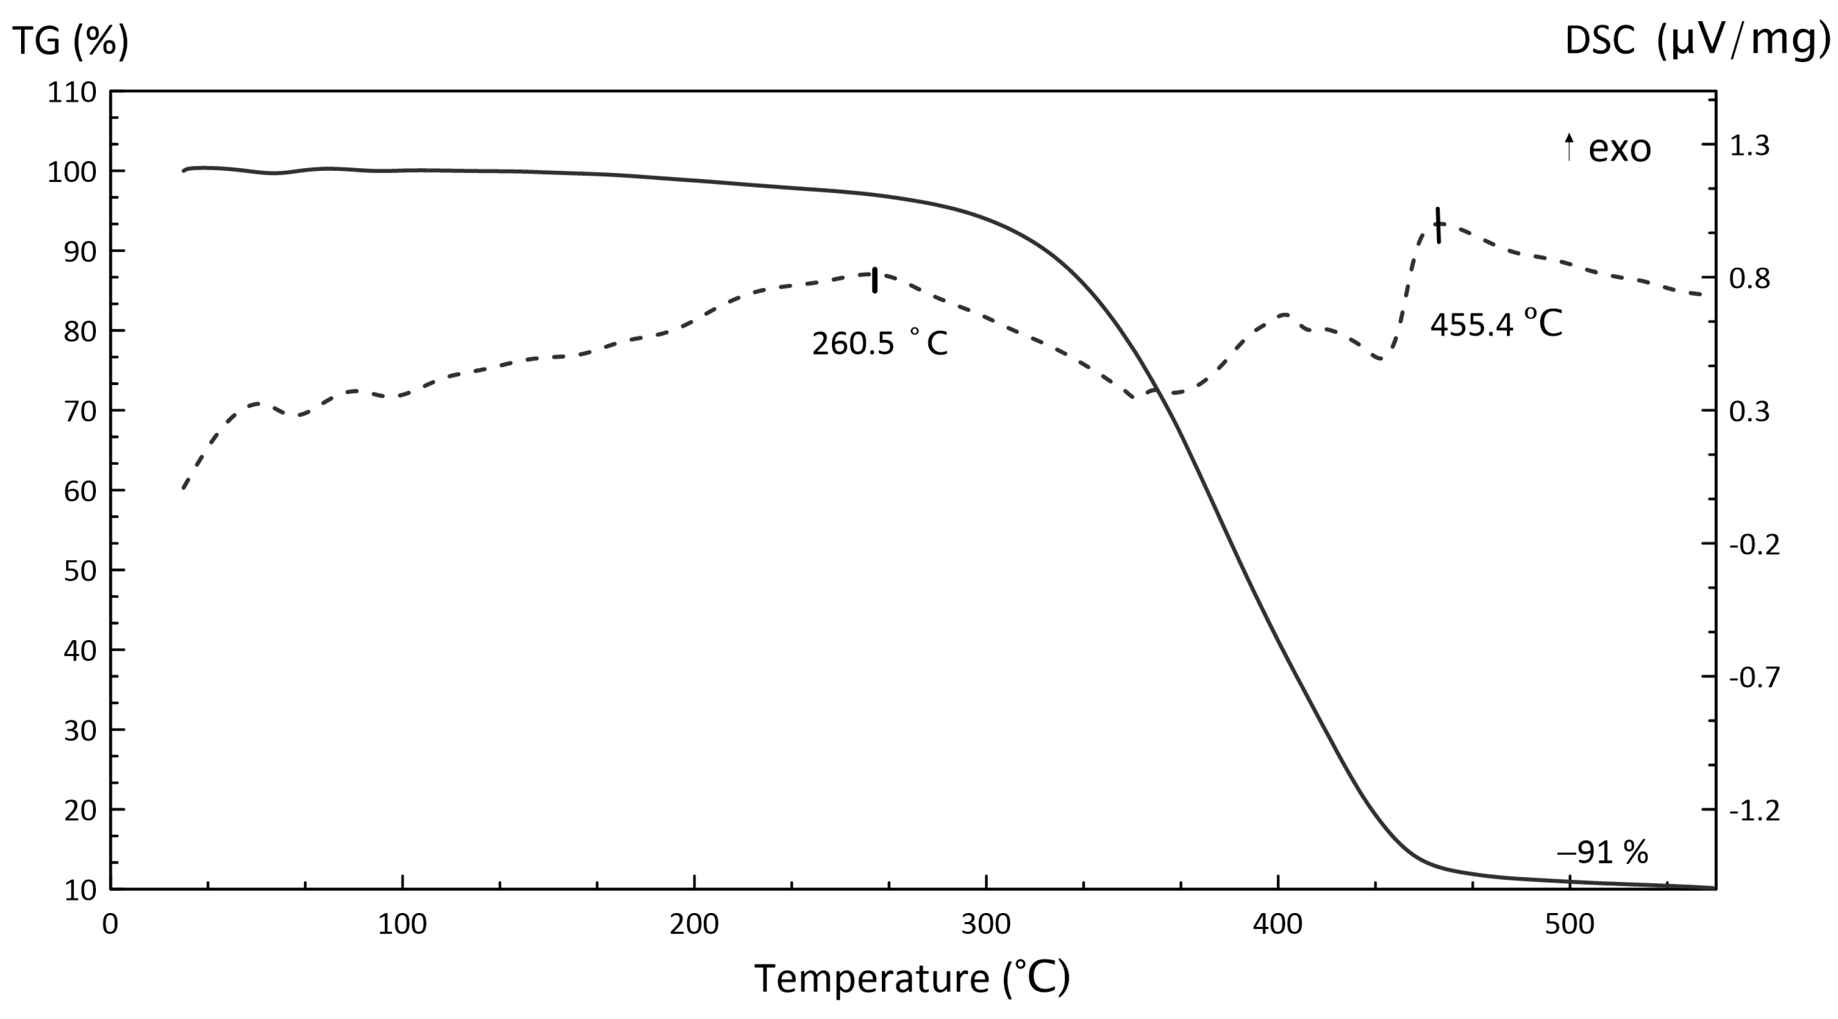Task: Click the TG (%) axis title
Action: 70,40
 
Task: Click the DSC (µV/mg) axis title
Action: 1697,40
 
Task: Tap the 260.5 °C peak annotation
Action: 880,344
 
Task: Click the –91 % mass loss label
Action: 1602,852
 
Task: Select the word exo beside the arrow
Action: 1619,149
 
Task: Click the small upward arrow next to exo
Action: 1569,147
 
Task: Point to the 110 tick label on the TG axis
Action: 72,92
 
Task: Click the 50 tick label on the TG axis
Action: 79,571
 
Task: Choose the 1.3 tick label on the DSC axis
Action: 1749,145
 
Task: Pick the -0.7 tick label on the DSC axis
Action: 1754,677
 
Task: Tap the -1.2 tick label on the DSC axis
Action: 1754,810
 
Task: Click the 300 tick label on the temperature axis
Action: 986,924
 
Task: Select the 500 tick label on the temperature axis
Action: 1569,924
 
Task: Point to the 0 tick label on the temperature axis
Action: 110,924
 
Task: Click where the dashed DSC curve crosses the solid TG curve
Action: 1157,391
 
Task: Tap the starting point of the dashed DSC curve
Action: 184,488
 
